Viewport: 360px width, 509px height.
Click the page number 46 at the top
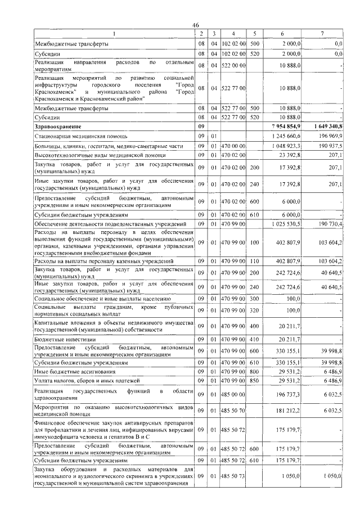pos(195,24)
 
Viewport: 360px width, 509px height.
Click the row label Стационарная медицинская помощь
pos(80,136)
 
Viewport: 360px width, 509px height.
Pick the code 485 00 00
pos(233,395)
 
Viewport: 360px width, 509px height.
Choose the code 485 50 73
pos(233,476)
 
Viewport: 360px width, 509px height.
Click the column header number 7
pos(322,34)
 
